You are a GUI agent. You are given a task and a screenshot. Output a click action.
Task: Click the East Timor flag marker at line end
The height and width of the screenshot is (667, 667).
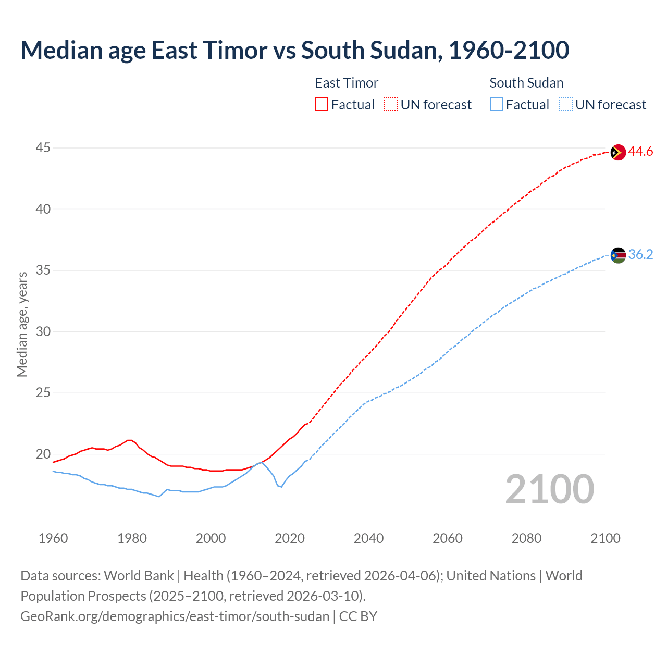pos(617,152)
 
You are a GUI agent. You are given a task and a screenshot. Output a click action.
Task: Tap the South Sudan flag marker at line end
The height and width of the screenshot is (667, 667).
pos(617,255)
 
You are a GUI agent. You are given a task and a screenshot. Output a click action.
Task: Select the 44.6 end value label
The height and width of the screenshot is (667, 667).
pos(640,152)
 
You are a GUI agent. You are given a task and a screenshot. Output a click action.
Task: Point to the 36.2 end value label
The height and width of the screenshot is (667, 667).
pos(640,255)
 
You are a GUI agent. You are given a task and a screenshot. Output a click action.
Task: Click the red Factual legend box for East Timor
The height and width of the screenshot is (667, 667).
pos(322,105)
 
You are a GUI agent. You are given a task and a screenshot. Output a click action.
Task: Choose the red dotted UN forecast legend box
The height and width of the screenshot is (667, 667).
pos(391,105)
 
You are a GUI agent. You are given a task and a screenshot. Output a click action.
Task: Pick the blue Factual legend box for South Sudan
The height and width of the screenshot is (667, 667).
pos(497,105)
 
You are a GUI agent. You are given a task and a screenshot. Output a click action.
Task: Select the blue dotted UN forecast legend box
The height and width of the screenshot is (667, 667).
pos(566,105)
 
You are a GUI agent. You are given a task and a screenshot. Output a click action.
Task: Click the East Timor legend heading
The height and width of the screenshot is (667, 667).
pos(347,83)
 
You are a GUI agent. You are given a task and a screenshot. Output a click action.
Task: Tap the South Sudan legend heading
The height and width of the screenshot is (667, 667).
pos(526,83)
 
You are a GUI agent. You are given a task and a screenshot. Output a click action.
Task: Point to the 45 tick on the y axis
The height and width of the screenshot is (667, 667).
pos(43,148)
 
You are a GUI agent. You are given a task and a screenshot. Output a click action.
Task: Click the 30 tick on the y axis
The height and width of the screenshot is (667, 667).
pos(43,331)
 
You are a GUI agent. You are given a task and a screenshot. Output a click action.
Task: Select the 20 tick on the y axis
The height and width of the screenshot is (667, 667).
pos(43,454)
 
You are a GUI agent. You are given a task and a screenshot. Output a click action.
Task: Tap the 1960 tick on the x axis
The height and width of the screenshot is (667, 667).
pos(53,538)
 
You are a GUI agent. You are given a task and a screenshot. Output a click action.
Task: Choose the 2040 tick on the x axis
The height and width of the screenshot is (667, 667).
pos(368,538)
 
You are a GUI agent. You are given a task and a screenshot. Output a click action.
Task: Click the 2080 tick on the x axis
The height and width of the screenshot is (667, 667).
pos(526,538)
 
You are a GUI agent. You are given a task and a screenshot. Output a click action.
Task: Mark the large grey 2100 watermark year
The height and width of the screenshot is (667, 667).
pos(549,489)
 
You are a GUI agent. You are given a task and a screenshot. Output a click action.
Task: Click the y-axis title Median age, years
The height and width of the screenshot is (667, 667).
pos(22,324)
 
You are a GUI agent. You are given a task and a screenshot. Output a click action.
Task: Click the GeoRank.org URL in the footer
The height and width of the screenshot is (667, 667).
pos(175,616)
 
